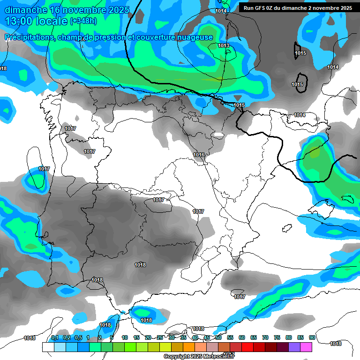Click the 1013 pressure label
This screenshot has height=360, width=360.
click(224, 45)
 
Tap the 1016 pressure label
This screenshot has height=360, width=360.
click(199, 155)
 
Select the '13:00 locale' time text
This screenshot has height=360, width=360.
click(36, 21)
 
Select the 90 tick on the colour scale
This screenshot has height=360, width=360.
click(312, 337)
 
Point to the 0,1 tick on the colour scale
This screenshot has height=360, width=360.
click(54, 337)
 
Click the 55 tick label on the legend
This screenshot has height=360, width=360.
click(230, 337)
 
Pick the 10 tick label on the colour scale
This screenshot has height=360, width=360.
click(125, 337)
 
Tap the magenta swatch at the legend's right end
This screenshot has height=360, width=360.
click(306, 347)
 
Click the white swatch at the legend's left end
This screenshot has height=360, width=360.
click(48, 347)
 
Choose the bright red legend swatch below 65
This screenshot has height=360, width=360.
click(247, 347)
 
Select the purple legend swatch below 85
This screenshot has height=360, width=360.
click(294, 347)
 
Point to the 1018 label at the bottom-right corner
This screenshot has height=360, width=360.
click(336, 344)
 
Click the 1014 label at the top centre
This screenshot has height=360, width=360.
click(221, 11)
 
